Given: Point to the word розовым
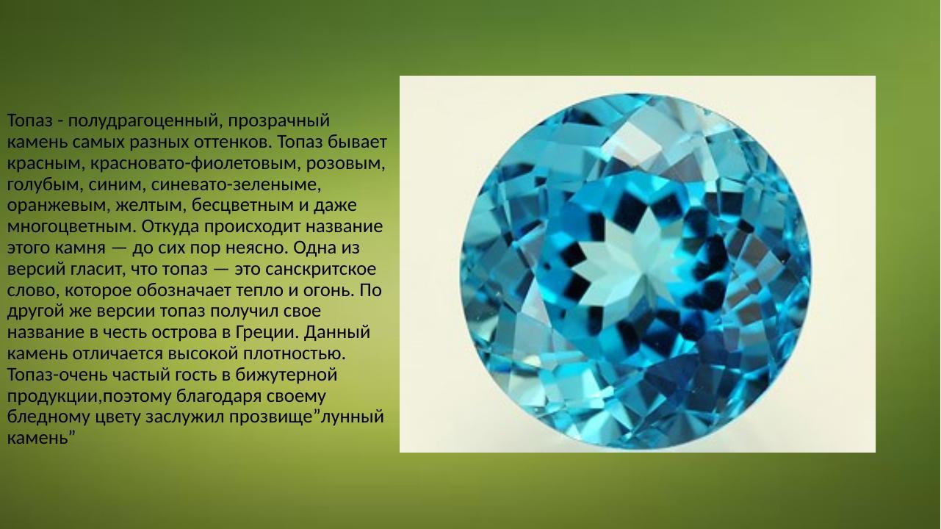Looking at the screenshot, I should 345,162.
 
